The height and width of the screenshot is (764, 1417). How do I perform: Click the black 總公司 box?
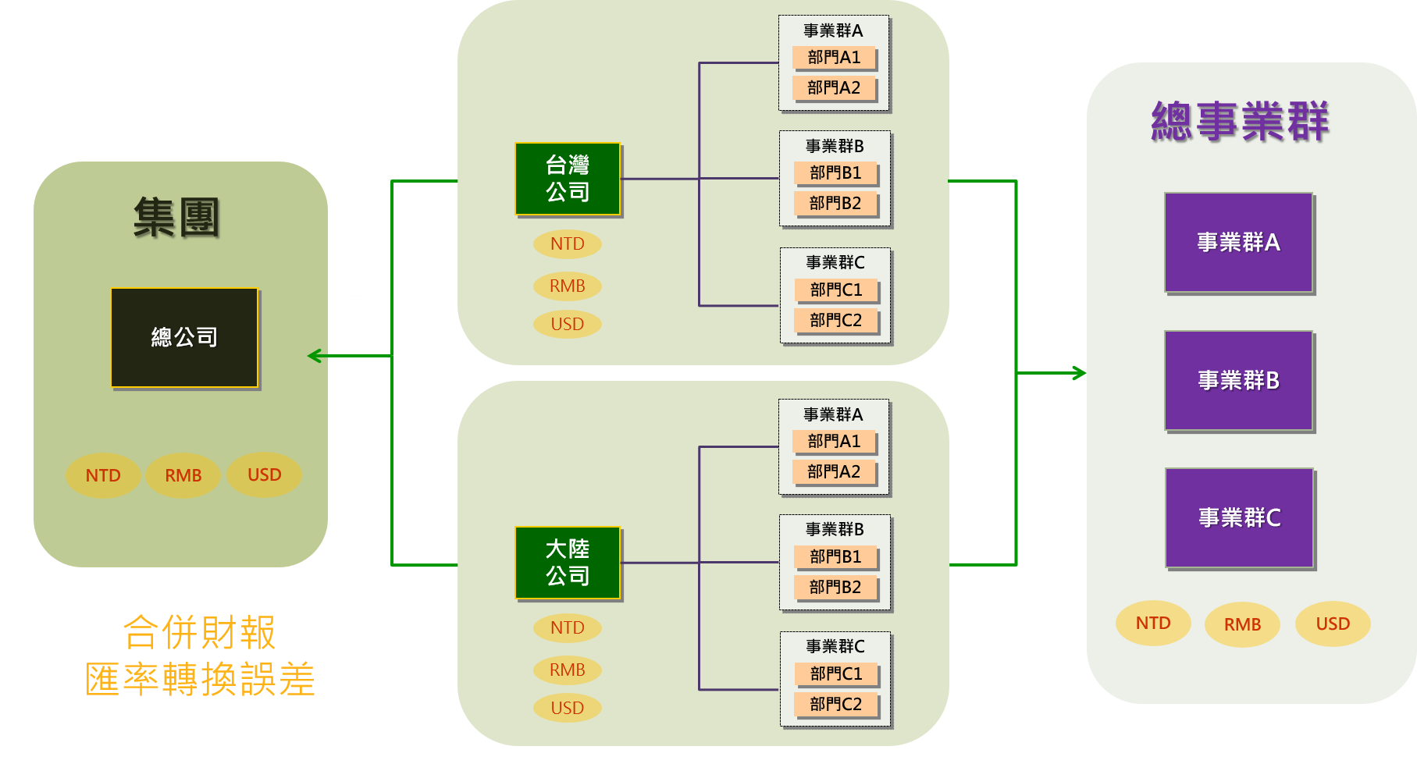click(184, 337)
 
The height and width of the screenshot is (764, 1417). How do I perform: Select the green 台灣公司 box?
click(568, 179)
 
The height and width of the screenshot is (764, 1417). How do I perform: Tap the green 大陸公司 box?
click(568, 563)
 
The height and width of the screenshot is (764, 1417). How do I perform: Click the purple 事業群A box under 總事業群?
click(1239, 243)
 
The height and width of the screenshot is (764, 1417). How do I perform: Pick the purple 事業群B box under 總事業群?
click(1239, 381)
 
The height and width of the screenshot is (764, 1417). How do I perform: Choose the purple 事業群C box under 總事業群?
click(1240, 518)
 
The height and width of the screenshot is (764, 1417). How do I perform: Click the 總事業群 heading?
click(1240, 122)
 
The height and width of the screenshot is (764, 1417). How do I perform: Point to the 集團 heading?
click(176, 217)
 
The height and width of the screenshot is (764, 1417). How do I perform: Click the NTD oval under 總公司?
click(103, 475)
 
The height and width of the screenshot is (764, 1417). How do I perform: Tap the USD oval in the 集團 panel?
click(264, 474)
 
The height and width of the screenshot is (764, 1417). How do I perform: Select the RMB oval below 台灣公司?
click(568, 286)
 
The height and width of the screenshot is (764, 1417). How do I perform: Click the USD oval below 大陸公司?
click(568, 708)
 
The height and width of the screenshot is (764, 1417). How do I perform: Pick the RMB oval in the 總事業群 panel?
click(1242, 624)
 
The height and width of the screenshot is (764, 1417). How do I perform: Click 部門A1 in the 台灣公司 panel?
click(834, 58)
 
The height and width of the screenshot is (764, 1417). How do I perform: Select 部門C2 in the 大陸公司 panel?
click(836, 704)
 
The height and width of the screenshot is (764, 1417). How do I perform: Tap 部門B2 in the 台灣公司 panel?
click(835, 204)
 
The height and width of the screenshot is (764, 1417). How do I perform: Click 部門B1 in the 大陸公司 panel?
click(835, 556)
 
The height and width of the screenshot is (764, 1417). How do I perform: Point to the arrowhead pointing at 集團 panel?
click(314, 356)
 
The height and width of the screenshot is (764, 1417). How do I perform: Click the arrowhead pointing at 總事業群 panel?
click(1080, 373)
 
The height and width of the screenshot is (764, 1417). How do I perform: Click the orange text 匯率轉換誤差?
click(201, 679)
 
